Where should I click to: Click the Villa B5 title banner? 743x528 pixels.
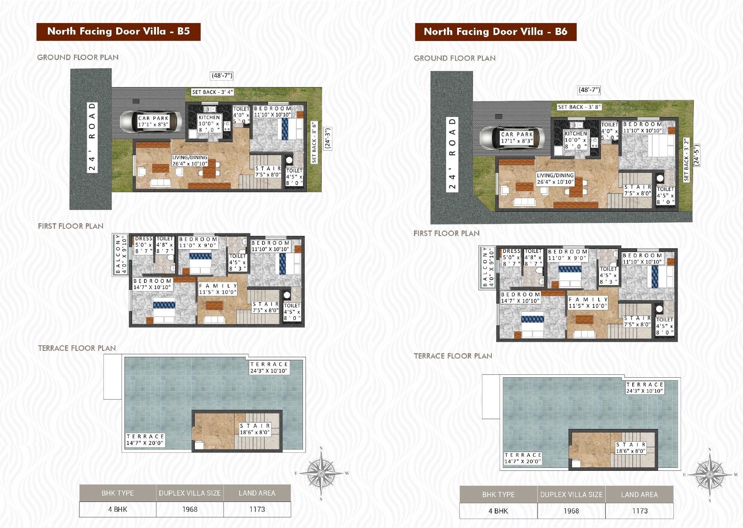coord(118,32)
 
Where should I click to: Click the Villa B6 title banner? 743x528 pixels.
coord(496,32)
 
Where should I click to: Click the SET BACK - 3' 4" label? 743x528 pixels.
coord(212,92)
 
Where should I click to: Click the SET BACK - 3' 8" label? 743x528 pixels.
coord(579,107)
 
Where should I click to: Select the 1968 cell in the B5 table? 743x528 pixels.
coord(190,509)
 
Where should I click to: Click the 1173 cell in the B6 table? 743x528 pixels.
coord(640,511)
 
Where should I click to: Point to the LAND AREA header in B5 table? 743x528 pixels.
coord(257,493)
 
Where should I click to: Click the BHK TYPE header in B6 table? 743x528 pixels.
coord(498,495)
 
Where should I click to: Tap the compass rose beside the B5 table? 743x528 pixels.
coord(321,473)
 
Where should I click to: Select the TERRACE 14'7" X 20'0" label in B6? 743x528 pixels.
coord(523,458)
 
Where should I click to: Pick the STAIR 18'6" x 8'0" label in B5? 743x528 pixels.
coord(255,429)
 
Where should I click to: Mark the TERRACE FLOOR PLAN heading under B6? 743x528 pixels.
coord(453,356)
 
